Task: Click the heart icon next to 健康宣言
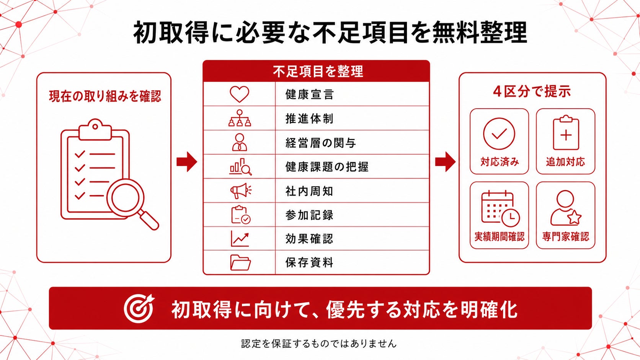pyautogui.click(x=240, y=94)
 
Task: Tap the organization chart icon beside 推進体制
pyautogui.click(x=240, y=118)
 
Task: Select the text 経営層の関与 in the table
pyautogui.click(x=320, y=143)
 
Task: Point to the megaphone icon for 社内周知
pyautogui.click(x=240, y=191)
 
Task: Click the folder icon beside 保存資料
pyautogui.click(x=240, y=262)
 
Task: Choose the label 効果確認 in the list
pyautogui.click(x=309, y=239)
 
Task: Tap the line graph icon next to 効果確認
pyautogui.click(x=240, y=239)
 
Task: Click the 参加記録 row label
pyautogui.click(x=309, y=215)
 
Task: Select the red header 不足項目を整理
pyautogui.click(x=318, y=71)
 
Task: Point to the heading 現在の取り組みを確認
pyautogui.click(x=105, y=96)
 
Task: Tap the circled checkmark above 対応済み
pyautogui.click(x=499, y=134)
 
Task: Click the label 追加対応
pyautogui.click(x=565, y=162)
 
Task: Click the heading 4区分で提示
pyautogui.click(x=532, y=92)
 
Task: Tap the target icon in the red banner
pyautogui.click(x=139, y=308)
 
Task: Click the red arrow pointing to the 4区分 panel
pyautogui.click(x=445, y=161)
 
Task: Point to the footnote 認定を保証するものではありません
pyautogui.click(x=319, y=344)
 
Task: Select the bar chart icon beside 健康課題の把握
pyautogui.click(x=240, y=167)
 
